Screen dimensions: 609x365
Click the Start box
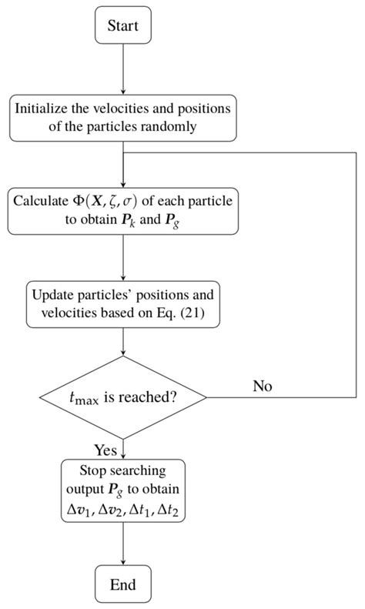coord(123,27)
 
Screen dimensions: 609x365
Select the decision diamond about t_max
coord(123,397)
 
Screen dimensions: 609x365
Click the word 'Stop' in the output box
coord(92,471)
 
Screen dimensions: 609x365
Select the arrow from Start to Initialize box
coord(123,69)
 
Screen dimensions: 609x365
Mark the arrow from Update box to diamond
coord(123,343)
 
